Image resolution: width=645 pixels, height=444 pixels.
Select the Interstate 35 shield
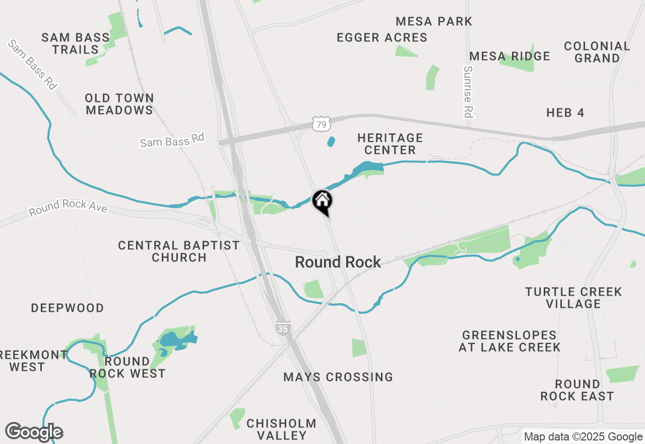[x=283, y=328]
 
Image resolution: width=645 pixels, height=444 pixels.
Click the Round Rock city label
[x=338, y=262]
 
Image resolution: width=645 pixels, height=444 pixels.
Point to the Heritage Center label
[x=390, y=144]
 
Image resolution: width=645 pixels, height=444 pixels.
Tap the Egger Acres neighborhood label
[x=382, y=37]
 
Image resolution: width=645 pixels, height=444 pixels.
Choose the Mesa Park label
[x=434, y=21]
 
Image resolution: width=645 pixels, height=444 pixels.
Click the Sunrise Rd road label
[x=468, y=92]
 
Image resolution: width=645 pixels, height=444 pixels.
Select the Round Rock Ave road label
[x=68, y=207]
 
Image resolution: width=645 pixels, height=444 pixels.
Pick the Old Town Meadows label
[x=119, y=104]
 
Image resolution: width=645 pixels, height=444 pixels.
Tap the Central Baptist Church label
[x=179, y=251]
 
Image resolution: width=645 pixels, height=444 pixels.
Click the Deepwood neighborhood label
[x=68, y=308]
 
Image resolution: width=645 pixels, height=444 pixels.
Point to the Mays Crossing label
[x=338, y=377]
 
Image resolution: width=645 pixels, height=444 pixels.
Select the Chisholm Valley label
[x=281, y=429]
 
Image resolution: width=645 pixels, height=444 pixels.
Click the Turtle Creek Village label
[x=573, y=298]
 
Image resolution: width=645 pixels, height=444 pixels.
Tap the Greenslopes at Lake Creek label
[x=509, y=341]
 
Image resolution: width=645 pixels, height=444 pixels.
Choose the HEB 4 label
[x=565, y=113]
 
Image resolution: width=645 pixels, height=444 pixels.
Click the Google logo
[x=34, y=432]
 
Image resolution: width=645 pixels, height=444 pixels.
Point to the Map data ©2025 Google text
[x=583, y=437]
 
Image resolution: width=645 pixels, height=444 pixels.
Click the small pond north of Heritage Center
[x=331, y=142]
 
